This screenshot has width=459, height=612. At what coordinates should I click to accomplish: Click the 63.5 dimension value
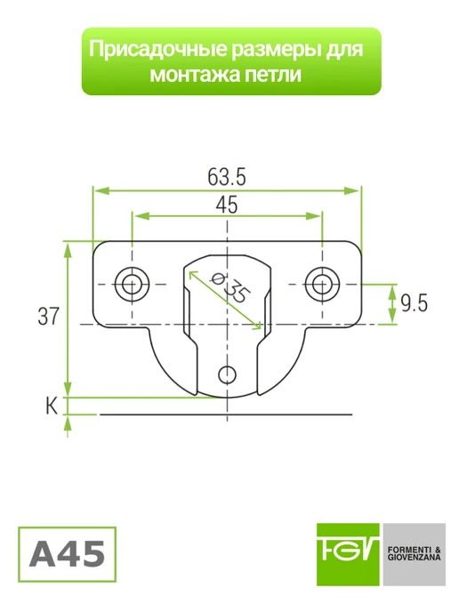226,177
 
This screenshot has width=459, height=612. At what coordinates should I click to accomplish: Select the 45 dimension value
226,205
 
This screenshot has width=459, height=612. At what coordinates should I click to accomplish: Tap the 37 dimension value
48,316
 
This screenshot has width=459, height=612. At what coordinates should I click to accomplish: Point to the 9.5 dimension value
414,303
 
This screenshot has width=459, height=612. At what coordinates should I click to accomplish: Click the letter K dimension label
52,406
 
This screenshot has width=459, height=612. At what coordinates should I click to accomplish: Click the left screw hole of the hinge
133,284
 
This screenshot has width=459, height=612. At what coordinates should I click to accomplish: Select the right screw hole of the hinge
322,284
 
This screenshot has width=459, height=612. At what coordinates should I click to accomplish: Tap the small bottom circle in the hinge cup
227,375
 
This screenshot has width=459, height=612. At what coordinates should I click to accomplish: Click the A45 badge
67,554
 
